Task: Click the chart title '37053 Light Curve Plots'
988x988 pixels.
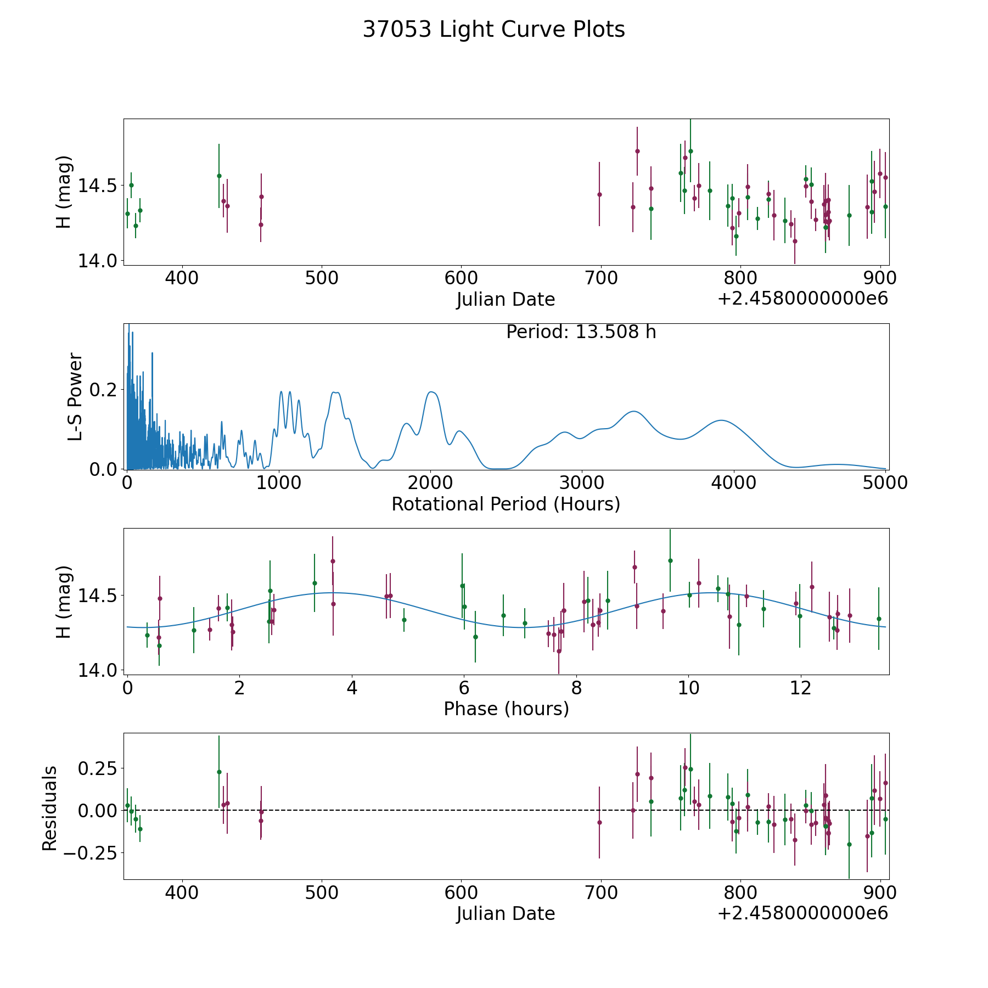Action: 493,30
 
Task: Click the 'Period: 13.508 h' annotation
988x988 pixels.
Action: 581,332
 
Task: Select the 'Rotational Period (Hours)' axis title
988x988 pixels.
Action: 506,504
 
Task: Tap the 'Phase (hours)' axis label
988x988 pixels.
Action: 506,709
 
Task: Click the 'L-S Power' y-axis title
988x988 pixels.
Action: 75,397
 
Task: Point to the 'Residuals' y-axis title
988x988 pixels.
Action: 50,809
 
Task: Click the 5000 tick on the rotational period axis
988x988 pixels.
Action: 885,483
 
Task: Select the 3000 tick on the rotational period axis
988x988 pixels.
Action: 582,483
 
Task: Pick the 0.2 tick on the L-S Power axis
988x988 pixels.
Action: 103,390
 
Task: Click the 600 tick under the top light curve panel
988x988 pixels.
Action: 461,278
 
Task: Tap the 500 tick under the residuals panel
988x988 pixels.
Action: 321,892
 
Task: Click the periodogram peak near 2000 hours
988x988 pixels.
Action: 431,392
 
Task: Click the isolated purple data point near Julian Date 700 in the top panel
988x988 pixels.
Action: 599,194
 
